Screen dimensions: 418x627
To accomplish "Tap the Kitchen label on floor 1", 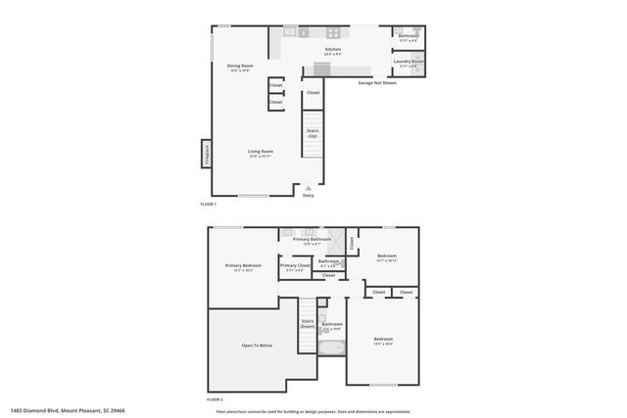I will click(x=333, y=50).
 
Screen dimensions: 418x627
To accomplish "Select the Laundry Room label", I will click(x=409, y=63).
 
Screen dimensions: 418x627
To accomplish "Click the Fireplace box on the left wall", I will click(x=206, y=153).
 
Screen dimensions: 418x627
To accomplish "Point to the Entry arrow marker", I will click(x=309, y=189).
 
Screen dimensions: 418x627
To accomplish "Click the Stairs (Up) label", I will click(x=313, y=133).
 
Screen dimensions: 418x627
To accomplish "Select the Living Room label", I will click(x=260, y=153).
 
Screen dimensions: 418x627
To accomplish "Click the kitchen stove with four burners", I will click(x=333, y=32).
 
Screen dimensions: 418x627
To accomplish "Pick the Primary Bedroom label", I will click(x=243, y=266).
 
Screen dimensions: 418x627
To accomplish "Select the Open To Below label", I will click(x=257, y=346).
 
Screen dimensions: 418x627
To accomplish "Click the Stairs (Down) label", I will click(x=308, y=323).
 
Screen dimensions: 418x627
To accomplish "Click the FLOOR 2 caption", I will click(x=215, y=400).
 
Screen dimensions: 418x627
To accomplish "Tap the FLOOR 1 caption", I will click(x=208, y=204).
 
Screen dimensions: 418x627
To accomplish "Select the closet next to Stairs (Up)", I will click(x=313, y=93).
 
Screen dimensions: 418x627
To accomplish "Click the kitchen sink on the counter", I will click(x=290, y=31).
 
